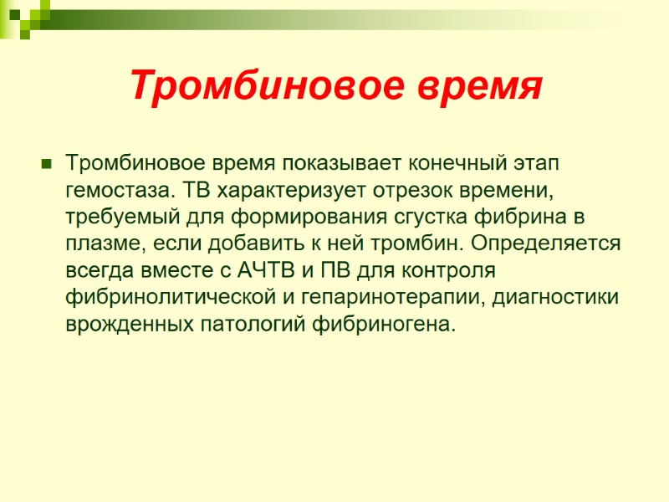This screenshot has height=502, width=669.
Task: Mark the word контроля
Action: point(450,272)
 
